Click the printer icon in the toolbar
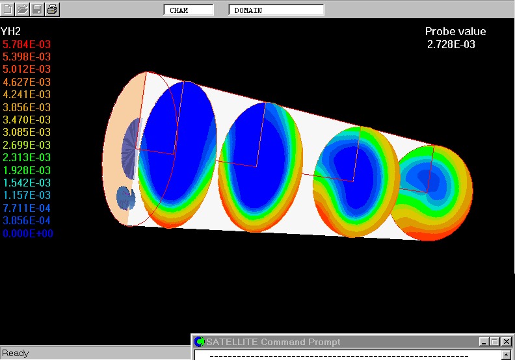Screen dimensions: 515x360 coord(52,9)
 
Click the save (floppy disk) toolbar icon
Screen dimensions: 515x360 coord(38,9)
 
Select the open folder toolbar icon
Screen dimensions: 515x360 coord(22,9)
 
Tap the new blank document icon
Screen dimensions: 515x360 coord(8,9)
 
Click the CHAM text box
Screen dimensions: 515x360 coord(189,10)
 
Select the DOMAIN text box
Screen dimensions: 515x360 coord(276,10)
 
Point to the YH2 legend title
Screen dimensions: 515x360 coord(10,31)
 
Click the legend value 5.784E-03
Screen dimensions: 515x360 coord(27,44)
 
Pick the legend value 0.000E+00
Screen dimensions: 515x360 coord(28,233)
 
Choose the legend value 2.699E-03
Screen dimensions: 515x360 coord(27,145)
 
